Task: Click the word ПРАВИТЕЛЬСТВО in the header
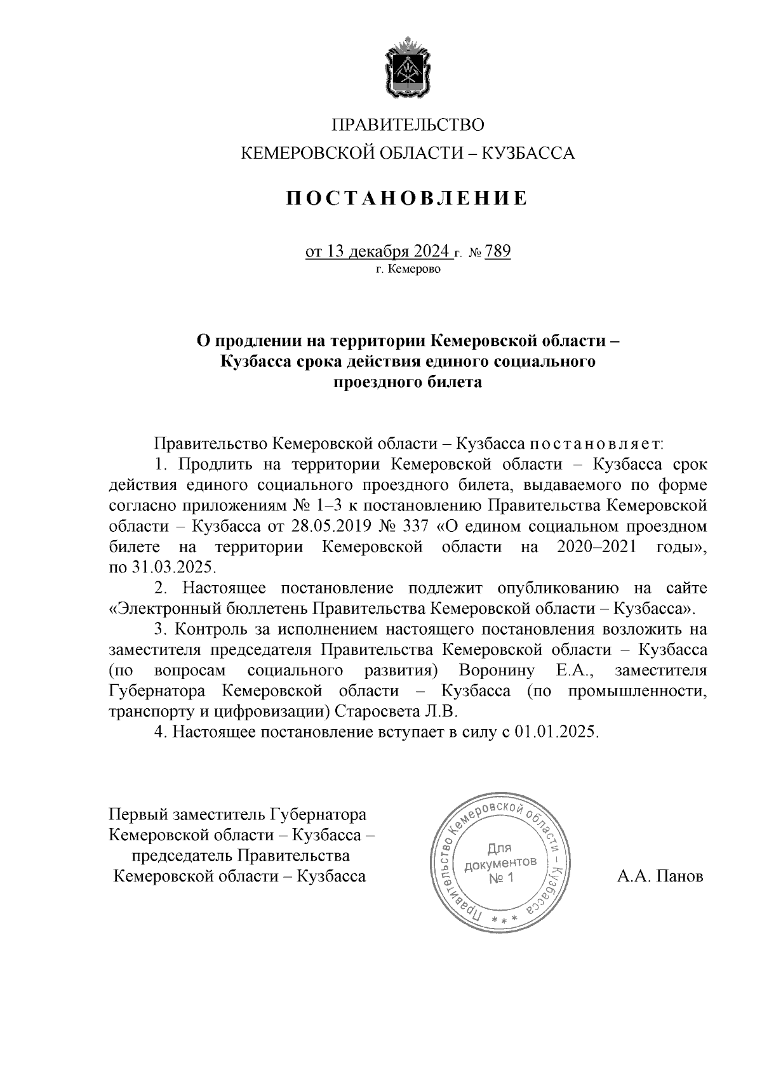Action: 408,124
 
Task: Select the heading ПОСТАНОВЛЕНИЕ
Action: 408,198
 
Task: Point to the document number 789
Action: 498,252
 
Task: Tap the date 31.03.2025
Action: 164,567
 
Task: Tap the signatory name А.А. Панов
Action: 660,876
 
